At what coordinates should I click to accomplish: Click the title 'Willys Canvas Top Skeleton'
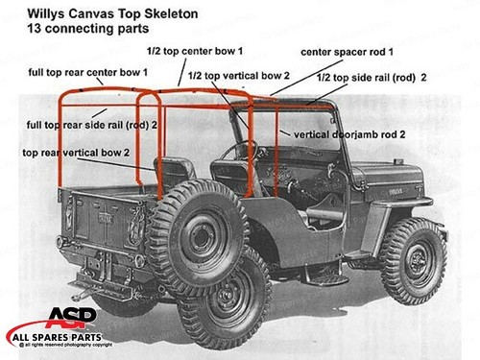91,13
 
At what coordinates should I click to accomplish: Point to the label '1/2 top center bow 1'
196,50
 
